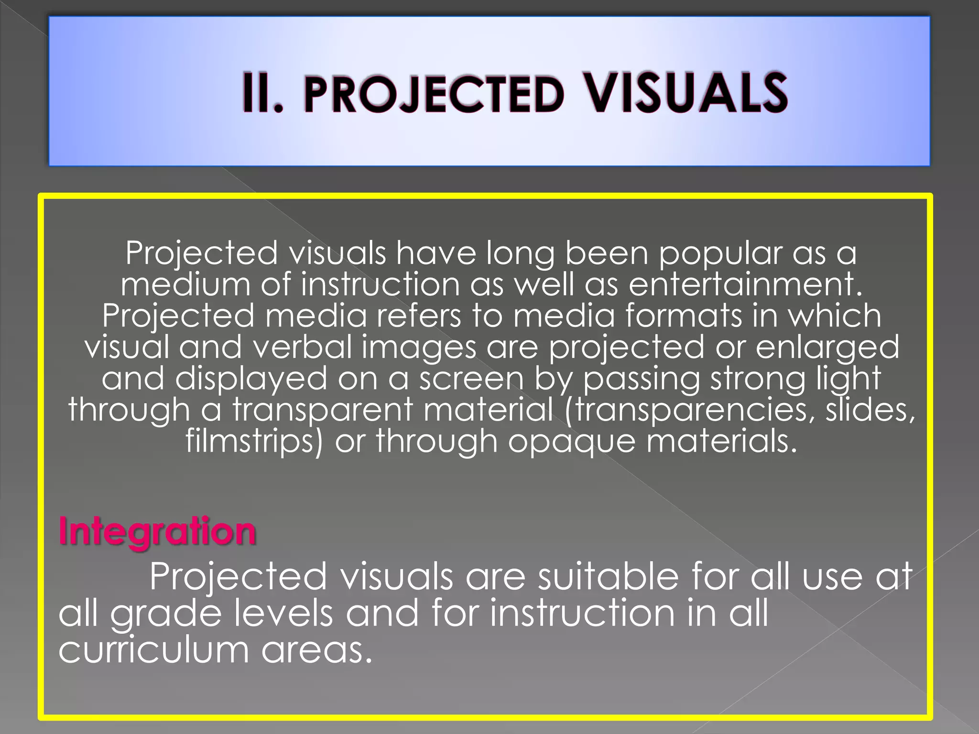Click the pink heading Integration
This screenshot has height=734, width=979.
click(157, 531)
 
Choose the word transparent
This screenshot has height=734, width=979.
click(322, 410)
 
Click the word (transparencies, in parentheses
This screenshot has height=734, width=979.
click(689, 410)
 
